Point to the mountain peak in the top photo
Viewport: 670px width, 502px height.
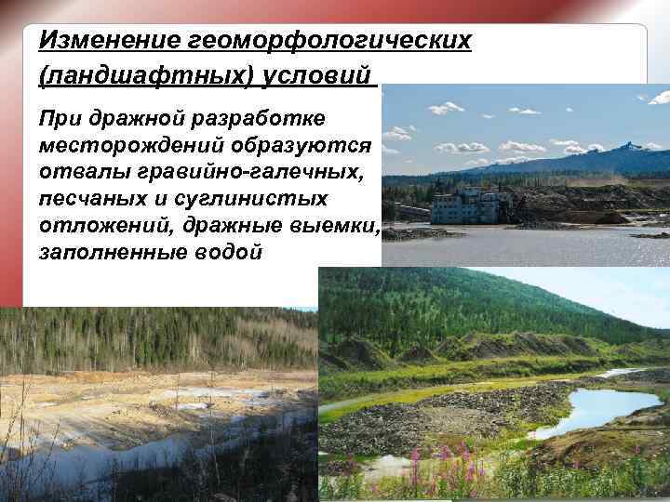pyautogui.click(x=633, y=146)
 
